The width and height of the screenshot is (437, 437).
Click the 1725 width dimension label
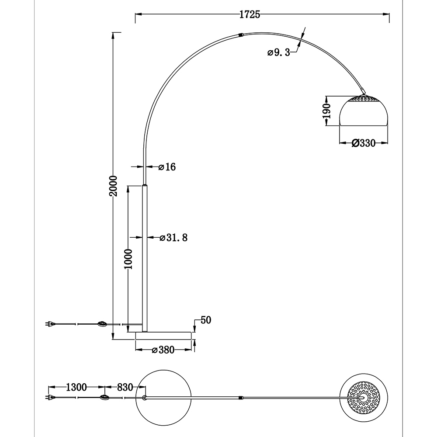(250, 14)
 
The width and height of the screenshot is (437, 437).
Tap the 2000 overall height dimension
(113, 186)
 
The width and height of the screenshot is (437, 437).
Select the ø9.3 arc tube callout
(279, 52)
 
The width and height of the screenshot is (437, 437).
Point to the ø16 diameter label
(167, 167)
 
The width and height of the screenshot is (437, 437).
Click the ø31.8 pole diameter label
(173, 237)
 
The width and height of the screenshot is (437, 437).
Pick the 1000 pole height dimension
(128, 259)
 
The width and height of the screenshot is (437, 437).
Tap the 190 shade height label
(326, 111)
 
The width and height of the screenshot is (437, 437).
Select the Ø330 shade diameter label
(364, 143)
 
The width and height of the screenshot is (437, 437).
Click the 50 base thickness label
(206, 320)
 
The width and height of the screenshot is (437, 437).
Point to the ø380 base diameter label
(163, 350)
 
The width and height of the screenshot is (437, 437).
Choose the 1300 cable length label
(76, 387)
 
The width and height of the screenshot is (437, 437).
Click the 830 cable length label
(125, 387)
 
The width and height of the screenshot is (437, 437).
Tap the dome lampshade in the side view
(364, 111)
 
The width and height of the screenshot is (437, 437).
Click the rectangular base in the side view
(163, 336)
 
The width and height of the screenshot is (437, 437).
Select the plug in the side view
(50, 324)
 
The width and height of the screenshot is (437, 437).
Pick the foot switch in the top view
(105, 397)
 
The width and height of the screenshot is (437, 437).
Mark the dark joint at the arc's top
(241, 35)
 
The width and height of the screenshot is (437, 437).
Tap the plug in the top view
(50, 397)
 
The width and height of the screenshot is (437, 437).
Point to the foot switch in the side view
(103, 324)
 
